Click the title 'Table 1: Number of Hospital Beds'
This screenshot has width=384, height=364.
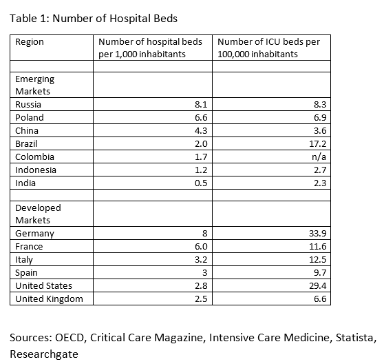click(x=94, y=19)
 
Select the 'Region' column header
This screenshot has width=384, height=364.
click(x=30, y=42)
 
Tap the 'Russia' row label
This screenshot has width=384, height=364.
click(x=28, y=105)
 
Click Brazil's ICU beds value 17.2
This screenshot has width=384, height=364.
click(x=318, y=143)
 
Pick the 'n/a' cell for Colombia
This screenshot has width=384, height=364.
click(x=319, y=156)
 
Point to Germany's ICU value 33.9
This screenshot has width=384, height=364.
click(x=318, y=233)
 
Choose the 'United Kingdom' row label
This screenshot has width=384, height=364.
click(x=49, y=299)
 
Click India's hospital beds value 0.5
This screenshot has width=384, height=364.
click(x=201, y=183)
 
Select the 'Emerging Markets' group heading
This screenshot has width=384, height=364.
click(x=35, y=85)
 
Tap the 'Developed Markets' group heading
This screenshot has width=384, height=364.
click(x=38, y=214)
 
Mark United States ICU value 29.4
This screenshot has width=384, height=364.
click(x=318, y=286)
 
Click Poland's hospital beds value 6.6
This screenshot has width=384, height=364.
click(x=201, y=117)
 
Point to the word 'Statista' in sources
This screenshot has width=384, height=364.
click(x=356, y=338)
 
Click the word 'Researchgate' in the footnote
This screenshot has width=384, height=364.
click(x=44, y=354)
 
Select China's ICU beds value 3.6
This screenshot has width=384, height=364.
click(x=320, y=130)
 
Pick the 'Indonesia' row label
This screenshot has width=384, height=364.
click(x=36, y=170)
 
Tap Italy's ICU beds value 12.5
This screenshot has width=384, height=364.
click(x=318, y=259)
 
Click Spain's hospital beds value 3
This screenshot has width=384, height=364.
click(x=205, y=272)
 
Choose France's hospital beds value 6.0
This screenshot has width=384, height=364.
click(x=201, y=246)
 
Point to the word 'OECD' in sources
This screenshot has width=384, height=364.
click(x=70, y=338)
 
